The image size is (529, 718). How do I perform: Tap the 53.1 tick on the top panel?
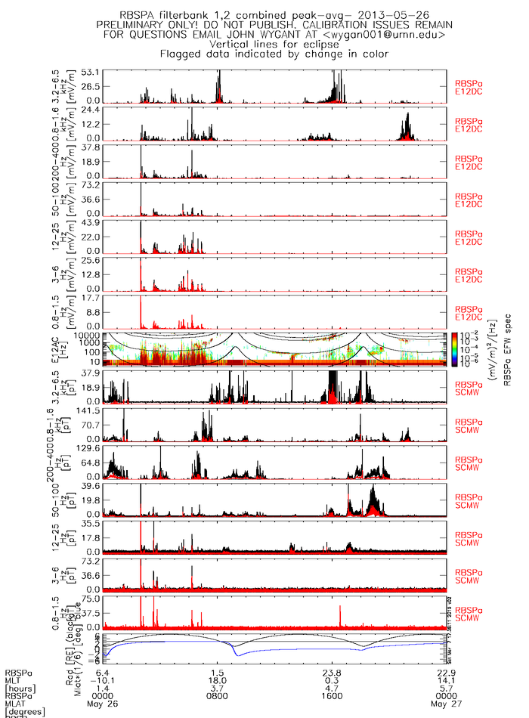91,71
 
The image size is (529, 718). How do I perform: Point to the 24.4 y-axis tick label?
91,109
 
